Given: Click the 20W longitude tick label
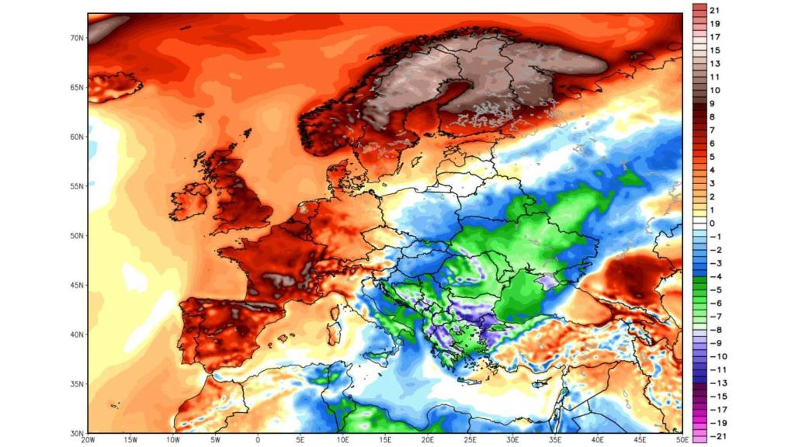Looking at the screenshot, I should (88, 440).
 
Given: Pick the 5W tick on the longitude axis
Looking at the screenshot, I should (215, 440).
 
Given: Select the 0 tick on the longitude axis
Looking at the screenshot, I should (258, 440).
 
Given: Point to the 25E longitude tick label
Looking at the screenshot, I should (470, 440).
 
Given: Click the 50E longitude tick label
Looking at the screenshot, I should (682, 440).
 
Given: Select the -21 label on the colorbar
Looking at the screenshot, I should (716, 435).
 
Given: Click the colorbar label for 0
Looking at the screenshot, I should (713, 223).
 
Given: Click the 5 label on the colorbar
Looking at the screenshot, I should (713, 157).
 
